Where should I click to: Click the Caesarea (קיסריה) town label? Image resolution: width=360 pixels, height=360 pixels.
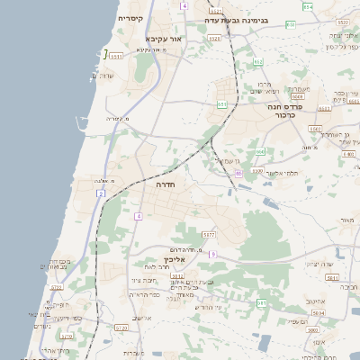coord(130,18)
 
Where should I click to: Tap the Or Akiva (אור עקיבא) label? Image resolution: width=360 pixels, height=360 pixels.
coord(163,39)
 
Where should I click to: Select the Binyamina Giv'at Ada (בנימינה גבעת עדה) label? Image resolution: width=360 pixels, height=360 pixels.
coord(236,18)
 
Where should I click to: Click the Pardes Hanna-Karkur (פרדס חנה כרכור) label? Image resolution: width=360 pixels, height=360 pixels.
coord(288,111)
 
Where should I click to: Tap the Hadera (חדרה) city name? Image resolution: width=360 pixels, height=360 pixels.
coord(166,184)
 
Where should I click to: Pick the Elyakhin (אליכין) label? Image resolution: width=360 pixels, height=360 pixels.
coord(175,258)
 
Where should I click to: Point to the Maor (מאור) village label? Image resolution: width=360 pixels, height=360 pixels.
coord(347,220)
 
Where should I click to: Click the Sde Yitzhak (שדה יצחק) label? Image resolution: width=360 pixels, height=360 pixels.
coord(320,263)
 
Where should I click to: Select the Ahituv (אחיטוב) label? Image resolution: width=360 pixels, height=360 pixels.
coord(315,301)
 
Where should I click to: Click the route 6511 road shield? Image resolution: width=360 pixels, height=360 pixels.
coord(116,57)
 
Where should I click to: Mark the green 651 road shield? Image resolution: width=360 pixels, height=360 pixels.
coord(221,104)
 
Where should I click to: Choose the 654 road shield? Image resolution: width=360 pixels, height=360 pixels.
coord(309,7)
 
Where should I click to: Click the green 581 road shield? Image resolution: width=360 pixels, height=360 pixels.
coord(262,303)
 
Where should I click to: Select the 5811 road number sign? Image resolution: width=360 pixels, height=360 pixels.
coord(332,279)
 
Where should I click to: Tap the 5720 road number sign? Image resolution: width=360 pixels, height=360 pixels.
coord(56,287)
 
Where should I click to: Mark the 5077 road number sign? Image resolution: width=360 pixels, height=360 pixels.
coord(209,234)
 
